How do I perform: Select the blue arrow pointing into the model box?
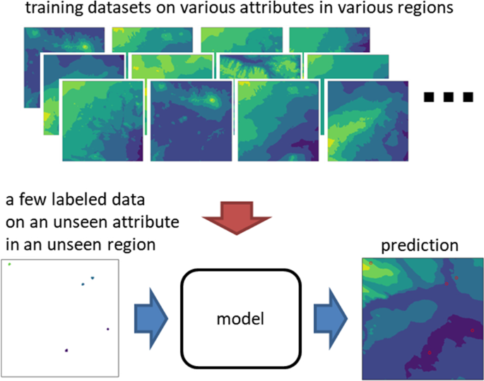(x=150, y=317)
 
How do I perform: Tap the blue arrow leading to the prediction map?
(x=329, y=317)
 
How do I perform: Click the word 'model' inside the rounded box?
(x=241, y=318)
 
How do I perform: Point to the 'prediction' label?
(x=420, y=246)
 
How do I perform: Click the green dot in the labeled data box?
(x=10, y=265)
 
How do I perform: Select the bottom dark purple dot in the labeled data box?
(x=67, y=349)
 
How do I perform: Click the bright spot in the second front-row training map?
(x=213, y=100)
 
